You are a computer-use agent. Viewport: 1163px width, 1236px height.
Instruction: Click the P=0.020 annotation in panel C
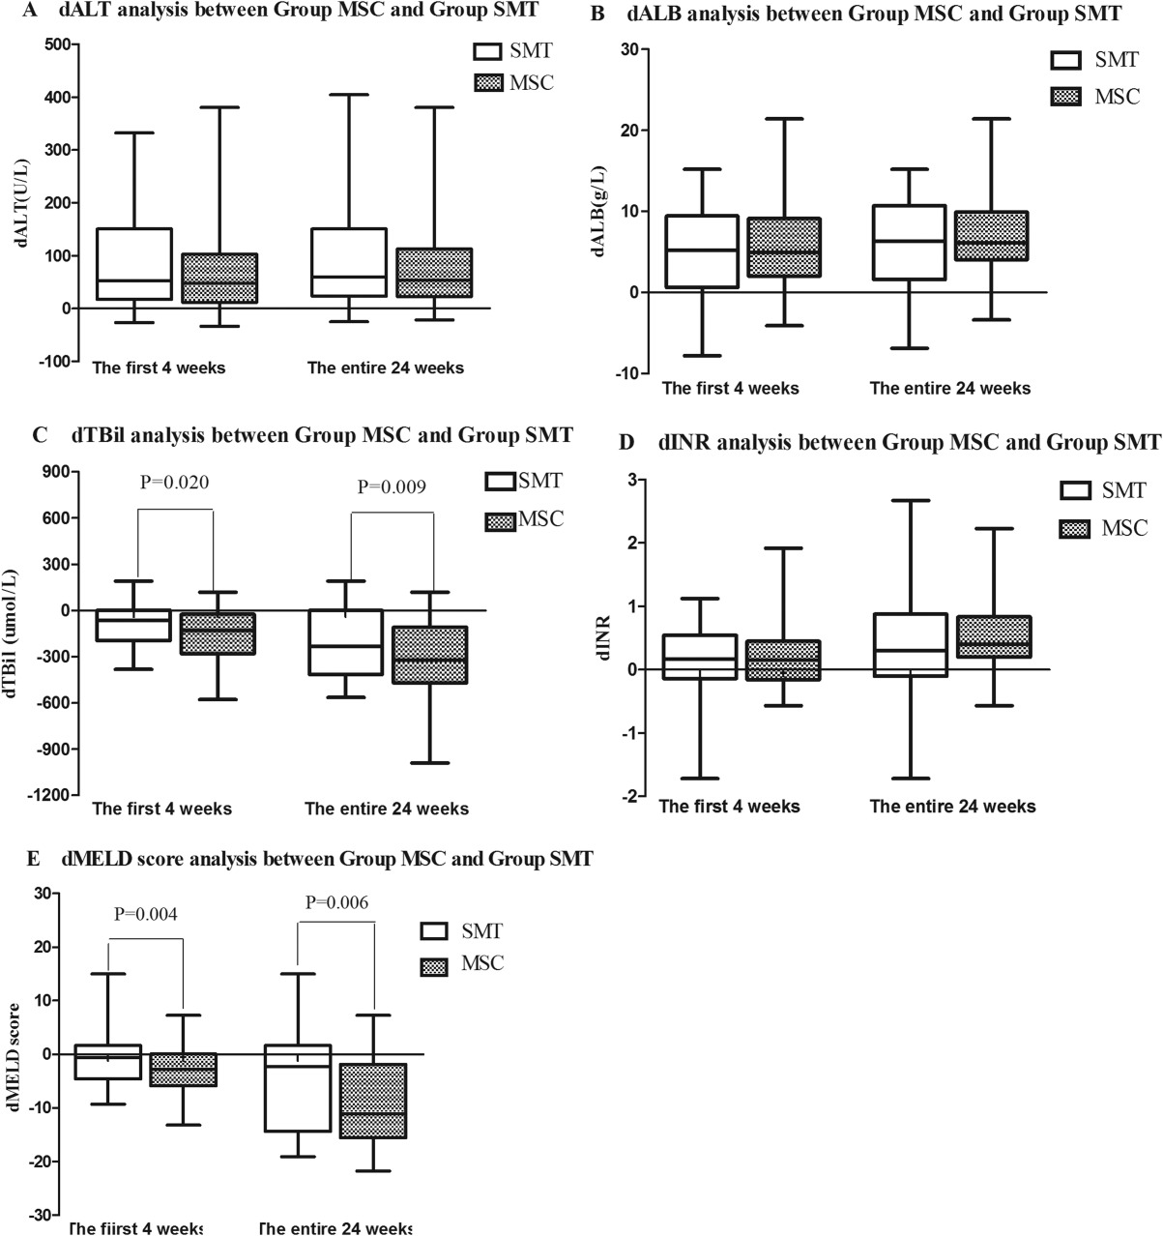click(175, 483)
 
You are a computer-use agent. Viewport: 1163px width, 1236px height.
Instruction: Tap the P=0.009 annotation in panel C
click(392, 486)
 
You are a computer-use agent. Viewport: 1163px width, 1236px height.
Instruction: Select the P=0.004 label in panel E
click(146, 913)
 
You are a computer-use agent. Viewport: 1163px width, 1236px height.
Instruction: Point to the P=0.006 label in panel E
click(336, 902)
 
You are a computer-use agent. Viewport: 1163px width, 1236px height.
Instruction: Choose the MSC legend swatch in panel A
click(488, 83)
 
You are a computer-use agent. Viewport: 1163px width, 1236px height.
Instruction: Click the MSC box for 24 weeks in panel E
click(373, 1101)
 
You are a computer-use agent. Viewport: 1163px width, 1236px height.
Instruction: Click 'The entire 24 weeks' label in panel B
click(949, 389)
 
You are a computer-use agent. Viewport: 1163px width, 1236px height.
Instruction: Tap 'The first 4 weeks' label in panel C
click(161, 809)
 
